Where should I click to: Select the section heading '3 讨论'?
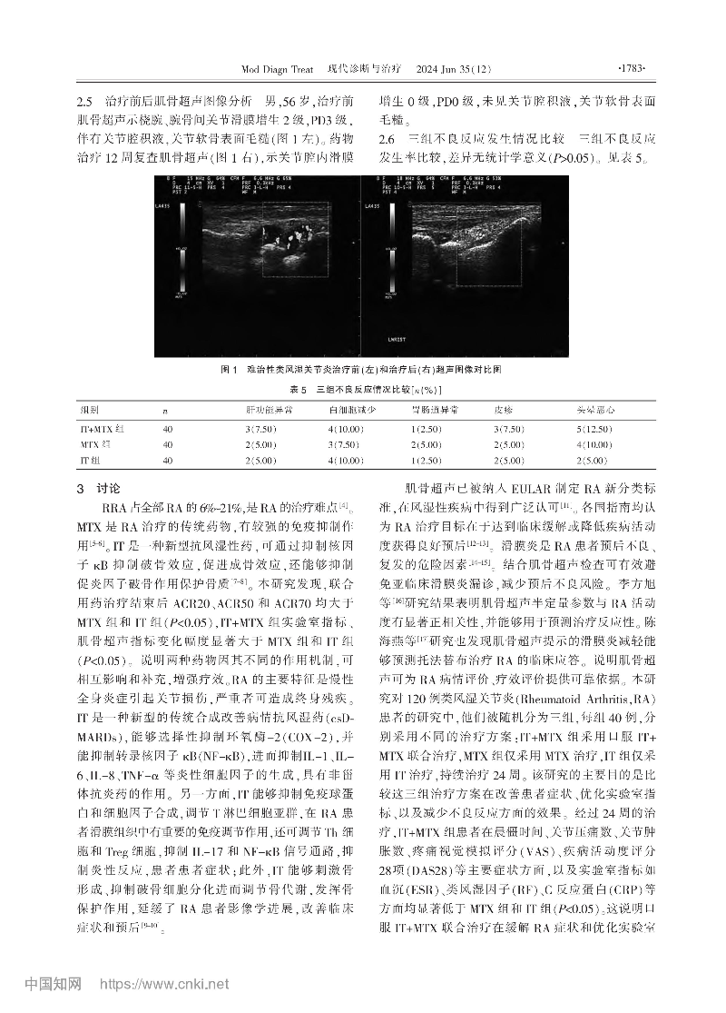click(100, 488)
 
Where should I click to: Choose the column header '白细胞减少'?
click(350, 410)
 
